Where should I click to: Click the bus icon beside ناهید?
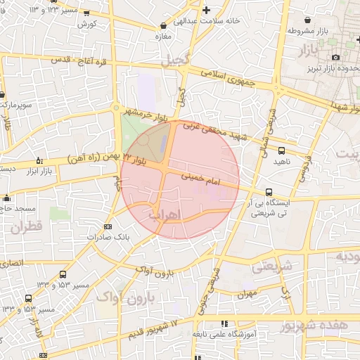pos(282,150)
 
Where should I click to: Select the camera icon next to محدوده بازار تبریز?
pos(335,57)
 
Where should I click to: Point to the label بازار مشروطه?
pos(309,31)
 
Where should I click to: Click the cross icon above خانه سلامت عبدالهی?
pos(205,10)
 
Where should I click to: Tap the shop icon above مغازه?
pos(164,26)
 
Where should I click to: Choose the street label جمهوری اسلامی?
pos(230,78)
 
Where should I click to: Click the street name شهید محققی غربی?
pos(211,131)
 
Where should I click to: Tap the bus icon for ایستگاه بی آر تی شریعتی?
pos(269,192)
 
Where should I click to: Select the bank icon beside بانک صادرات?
pos(108,226)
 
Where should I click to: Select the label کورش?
pos(87,23)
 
